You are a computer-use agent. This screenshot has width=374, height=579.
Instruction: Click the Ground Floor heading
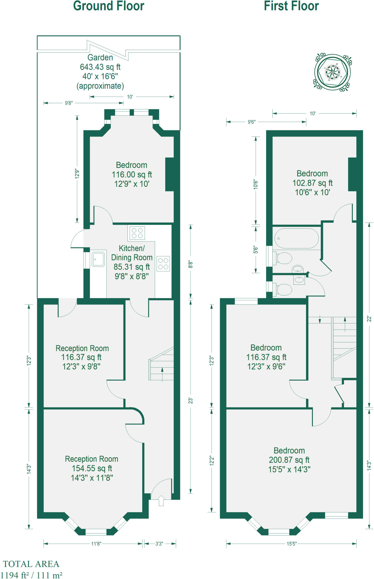(109, 6)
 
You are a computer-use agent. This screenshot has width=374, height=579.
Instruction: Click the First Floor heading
(291, 6)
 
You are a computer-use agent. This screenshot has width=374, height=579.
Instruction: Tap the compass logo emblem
(333, 72)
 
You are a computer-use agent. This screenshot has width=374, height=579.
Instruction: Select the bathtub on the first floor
(296, 238)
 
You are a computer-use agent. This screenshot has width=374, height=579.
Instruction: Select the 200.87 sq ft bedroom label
(289, 460)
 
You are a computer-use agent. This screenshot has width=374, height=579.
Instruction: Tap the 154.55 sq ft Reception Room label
(92, 468)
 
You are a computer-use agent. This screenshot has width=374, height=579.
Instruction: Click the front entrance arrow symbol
(161, 500)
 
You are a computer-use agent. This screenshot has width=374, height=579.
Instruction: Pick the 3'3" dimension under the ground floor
(159, 544)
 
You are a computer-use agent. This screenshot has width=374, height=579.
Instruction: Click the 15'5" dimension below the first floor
(291, 544)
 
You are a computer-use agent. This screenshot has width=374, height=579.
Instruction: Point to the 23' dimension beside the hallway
(191, 400)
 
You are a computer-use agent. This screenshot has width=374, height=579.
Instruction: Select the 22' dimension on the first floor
(369, 319)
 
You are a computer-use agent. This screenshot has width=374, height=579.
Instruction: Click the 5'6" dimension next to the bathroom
(255, 250)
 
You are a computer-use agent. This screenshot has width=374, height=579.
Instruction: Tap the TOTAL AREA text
(31, 564)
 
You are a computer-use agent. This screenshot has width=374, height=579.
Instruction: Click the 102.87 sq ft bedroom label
(312, 183)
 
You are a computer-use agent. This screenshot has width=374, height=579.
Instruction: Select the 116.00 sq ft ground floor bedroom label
(132, 174)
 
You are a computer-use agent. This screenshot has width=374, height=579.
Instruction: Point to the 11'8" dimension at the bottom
(96, 544)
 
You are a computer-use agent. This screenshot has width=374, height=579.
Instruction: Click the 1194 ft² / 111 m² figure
(31, 575)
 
